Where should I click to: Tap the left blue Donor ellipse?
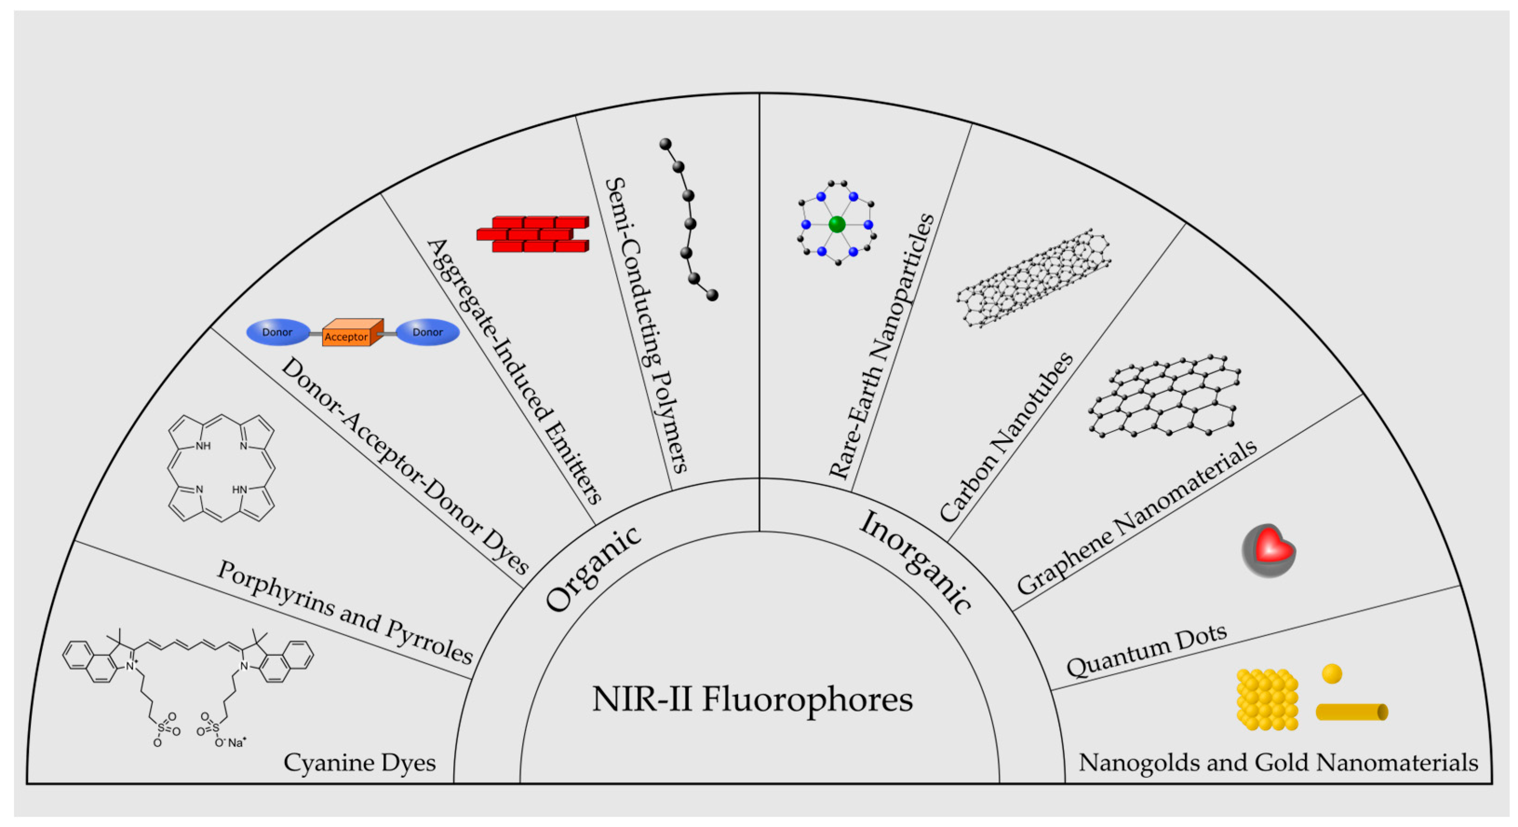(277, 332)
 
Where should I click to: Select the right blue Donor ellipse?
(428, 332)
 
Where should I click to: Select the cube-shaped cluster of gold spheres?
(1267, 699)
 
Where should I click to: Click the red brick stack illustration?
(533, 235)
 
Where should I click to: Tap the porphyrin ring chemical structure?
(221, 467)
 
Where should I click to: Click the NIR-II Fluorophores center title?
(752, 699)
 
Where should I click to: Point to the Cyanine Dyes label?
(359, 763)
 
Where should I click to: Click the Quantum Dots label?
(1147, 650)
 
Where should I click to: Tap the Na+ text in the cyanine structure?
(236, 743)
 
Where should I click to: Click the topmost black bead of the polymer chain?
(665, 144)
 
